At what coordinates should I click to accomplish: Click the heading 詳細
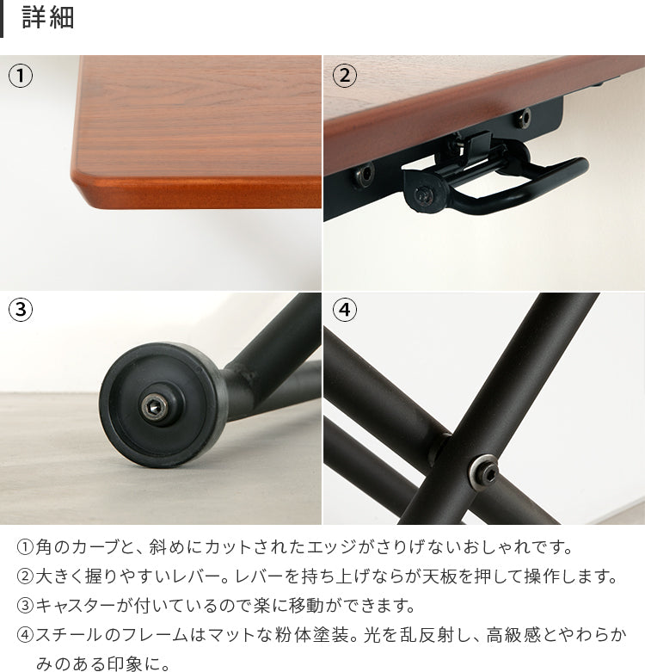pyautogui.click(x=48, y=17)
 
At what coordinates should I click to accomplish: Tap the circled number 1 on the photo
pyautogui.click(x=21, y=76)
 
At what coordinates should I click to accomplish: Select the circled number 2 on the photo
pyautogui.click(x=344, y=76)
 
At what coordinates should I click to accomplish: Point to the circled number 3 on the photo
pyautogui.click(x=21, y=310)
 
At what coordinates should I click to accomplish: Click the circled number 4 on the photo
pyautogui.click(x=344, y=310)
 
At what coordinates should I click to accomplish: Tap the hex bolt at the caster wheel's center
pyautogui.click(x=153, y=407)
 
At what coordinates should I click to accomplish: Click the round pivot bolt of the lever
pyautogui.click(x=424, y=196)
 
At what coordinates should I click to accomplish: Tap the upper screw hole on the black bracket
pyautogui.click(x=523, y=118)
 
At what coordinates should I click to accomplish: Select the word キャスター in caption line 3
pyautogui.click(x=76, y=606)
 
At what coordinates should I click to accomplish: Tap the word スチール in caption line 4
pyautogui.click(x=70, y=635)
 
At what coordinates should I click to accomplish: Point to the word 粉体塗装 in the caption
pyautogui.click(x=312, y=635)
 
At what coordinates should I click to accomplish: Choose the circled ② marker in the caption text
pyautogui.click(x=25, y=576)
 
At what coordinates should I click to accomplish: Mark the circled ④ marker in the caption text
pyautogui.click(x=25, y=635)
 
